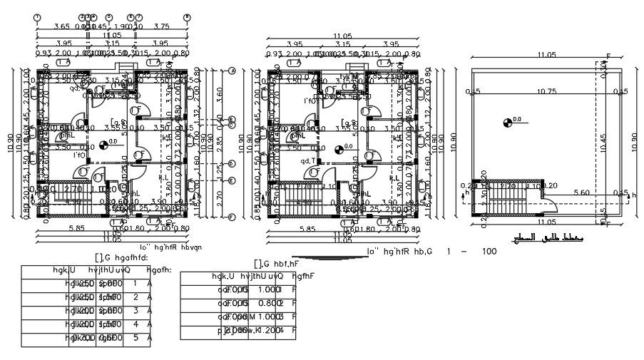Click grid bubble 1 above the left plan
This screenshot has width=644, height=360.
point(37,17)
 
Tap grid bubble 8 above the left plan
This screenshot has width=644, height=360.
point(187,17)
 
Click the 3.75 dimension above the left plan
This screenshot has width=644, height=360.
point(161,26)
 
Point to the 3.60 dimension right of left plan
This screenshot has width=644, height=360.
point(220,91)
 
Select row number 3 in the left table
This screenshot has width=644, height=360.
point(135,311)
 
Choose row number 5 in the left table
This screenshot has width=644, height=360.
point(135,338)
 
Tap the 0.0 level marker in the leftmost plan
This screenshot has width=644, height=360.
point(104,143)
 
